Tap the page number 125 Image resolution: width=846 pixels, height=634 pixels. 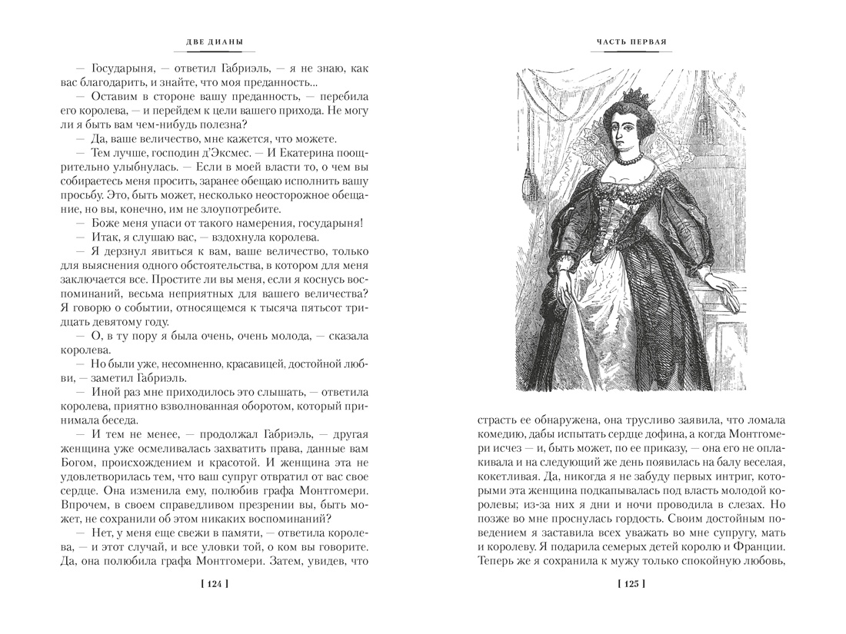point(631,585)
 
